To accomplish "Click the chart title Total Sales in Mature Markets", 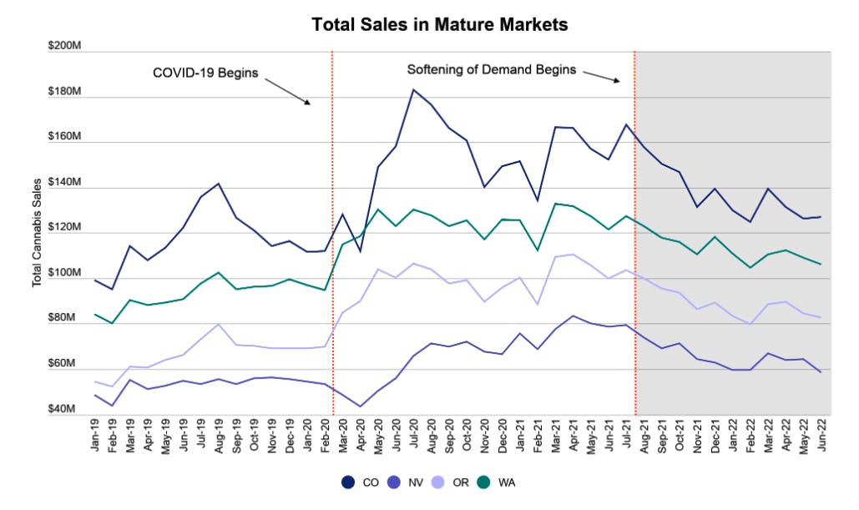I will (440, 25).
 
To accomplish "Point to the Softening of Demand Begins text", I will (491, 70).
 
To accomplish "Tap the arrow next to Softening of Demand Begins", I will (600, 76).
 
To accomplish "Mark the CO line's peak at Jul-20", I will (413, 89).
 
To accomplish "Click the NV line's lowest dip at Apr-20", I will (360, 406).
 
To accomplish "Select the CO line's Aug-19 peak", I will (218, 184).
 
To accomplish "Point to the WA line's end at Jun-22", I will (821, 265).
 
